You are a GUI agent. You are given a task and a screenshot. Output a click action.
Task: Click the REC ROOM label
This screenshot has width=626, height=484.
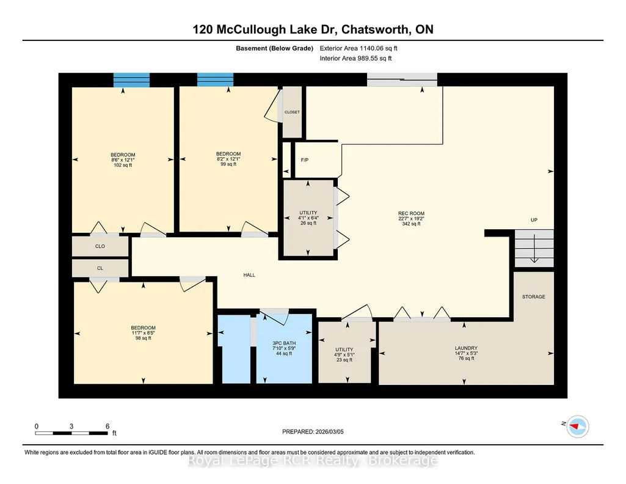[411, 214]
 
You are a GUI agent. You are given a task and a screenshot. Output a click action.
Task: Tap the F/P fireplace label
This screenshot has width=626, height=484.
[305, 160]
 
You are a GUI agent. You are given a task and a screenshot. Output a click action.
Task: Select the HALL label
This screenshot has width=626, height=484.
[249, 275]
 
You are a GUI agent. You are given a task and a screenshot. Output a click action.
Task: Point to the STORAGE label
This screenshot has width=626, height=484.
[534, 297]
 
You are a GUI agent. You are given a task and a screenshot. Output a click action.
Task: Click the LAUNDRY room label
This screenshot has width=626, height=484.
[466, 348]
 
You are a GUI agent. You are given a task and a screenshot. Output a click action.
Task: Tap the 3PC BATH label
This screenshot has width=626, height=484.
[284, 343]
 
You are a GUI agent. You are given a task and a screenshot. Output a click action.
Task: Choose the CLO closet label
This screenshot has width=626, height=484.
[100, 246]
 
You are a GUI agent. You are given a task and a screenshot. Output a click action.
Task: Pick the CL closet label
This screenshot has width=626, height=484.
[100, 268]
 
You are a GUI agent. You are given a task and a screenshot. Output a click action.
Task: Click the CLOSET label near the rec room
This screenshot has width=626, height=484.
[293, 112]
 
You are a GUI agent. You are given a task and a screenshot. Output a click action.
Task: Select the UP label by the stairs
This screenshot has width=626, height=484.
[534, 220]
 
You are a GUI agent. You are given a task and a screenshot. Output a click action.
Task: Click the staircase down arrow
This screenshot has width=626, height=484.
[534, 249]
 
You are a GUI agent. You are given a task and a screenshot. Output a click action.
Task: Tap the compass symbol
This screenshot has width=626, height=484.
[578, 427]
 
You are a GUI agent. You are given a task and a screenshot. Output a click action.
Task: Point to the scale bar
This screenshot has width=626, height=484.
[72, 433]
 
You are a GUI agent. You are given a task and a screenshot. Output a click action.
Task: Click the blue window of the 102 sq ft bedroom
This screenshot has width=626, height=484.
[132, 80]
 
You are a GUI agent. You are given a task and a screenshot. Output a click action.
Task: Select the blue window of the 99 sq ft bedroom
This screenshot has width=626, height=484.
[216, 79]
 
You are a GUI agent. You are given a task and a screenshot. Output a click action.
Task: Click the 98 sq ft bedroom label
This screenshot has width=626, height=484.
[144, 333]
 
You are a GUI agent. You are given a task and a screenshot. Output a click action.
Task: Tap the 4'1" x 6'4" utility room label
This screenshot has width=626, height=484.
[308, 218]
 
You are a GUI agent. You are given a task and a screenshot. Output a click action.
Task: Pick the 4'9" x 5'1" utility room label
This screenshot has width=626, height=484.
[344, 354]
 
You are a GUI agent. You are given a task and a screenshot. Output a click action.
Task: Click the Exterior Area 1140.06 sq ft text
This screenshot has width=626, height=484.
[358, 48]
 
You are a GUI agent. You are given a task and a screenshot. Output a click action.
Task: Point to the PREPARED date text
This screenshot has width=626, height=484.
[313, 431]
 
